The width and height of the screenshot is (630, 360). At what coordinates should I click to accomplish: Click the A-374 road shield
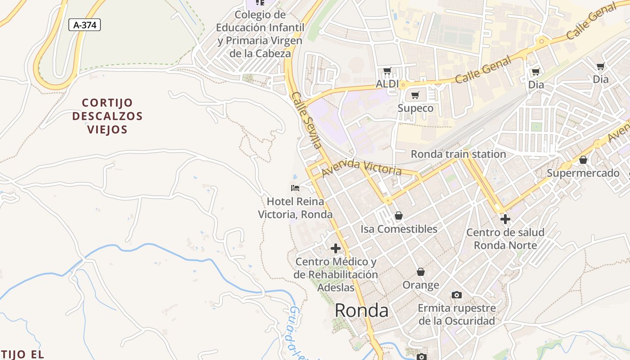click(85, 25)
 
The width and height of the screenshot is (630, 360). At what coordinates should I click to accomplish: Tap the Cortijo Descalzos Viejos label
click(107, 116)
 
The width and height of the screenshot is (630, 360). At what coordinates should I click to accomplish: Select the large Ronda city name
click(361, 310)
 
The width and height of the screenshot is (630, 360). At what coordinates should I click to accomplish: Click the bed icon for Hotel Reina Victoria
click(295, 188)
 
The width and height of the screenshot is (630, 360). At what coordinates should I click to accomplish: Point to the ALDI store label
click(387, 84)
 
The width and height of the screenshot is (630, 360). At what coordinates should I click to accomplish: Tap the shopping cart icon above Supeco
click(415, 95)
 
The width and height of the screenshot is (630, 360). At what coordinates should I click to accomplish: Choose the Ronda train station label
click(458, 154)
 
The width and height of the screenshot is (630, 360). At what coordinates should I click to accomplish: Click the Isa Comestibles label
click(399, 229)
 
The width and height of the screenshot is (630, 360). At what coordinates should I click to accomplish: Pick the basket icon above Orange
click(421, 272)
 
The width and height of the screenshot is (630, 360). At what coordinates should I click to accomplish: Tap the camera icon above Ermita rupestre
click(457, 295)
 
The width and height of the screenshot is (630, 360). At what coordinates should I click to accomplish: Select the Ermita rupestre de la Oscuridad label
click(457, 315)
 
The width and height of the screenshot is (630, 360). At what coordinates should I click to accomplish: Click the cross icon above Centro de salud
click(505, 219)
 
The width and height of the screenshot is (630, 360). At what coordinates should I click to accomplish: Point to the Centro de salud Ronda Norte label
click(505, 239)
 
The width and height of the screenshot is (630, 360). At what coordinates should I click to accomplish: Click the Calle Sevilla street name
click(306, 120)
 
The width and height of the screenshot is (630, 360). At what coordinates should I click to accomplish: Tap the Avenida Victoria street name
click(361, 168)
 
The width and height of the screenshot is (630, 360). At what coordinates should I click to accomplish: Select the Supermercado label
click(583, 173)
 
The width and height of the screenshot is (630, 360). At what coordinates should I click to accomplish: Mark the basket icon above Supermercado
click(583, 160)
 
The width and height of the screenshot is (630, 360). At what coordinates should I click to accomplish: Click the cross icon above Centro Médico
click(336, 248)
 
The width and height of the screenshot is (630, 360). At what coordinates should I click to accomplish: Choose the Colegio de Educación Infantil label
click(260, 34)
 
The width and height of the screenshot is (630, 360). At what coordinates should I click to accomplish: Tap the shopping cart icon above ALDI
click(387, 71)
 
